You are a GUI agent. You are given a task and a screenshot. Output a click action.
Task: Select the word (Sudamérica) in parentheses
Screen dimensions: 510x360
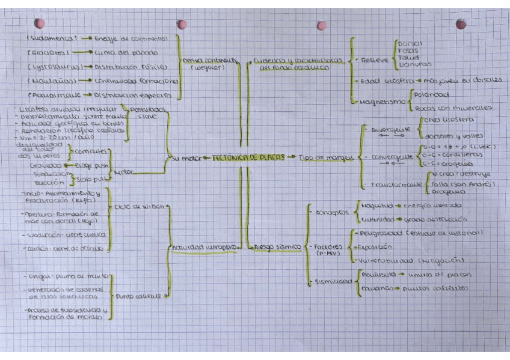point(52,38)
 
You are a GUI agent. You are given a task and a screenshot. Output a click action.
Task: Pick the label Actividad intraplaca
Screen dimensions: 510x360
point(194,246)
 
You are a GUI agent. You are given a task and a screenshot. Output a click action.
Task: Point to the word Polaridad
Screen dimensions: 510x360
point(431,95)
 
